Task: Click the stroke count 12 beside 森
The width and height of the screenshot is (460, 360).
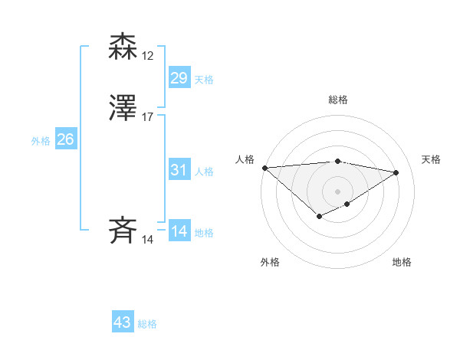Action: tap(148, 56)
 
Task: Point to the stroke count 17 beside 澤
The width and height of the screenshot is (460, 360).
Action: tap(148, 117)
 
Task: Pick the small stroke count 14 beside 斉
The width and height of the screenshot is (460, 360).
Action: tap(148, 240)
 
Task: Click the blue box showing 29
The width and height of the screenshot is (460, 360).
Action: tap(179, 78)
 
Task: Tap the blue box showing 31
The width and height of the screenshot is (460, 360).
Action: tap(179, 170)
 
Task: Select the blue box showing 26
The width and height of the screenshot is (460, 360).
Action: tap(65, 139)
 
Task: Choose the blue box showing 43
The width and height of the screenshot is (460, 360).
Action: tap(123, 322)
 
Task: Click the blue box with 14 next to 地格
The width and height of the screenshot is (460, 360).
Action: tap(179, 231)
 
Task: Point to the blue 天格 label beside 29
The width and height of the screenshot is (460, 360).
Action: tap(204, 80)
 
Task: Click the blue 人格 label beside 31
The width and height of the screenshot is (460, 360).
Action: tap(204, 172)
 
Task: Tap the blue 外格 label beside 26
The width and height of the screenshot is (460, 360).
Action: tap(41, 141)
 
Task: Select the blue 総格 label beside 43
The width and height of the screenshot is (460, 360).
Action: tap(147, 324)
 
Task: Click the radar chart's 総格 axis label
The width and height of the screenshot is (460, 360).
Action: tap(338, 100)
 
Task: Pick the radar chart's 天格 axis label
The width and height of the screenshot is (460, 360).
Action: tap(431, 159)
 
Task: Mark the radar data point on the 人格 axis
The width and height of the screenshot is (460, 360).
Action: tap(264, 168)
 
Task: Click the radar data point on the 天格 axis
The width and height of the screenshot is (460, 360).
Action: tap(396, 172)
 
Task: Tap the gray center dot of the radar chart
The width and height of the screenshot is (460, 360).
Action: tap(338, 191)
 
